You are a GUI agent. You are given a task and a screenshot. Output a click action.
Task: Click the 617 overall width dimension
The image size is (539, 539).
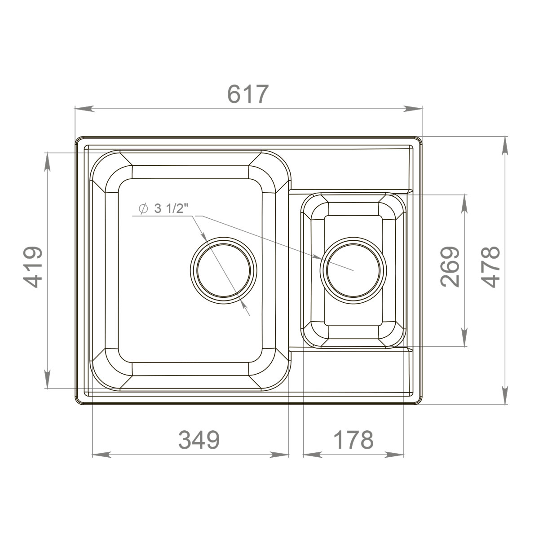coord(247,94)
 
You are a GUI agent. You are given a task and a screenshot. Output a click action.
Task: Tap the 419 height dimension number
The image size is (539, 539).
coord(34,267)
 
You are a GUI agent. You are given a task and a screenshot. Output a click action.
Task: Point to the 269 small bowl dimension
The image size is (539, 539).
coord(450,267)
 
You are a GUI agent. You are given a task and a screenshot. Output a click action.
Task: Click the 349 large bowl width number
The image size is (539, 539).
coord(199,440)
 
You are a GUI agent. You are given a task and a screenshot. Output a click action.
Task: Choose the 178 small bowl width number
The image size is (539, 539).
coord(354,440)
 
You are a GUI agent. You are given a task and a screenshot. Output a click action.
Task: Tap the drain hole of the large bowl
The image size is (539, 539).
coord(223,270)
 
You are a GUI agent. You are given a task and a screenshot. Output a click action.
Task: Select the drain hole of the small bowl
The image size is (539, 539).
coord(353,270)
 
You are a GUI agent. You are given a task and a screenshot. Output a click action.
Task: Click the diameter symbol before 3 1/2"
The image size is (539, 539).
coord(143,209)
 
